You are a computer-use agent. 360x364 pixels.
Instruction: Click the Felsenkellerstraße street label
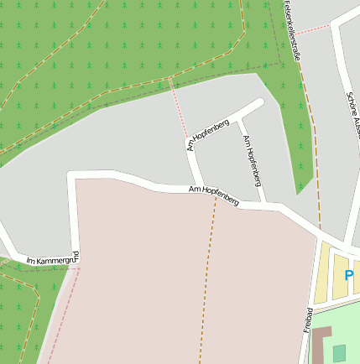291,29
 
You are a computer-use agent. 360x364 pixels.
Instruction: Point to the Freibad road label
307,320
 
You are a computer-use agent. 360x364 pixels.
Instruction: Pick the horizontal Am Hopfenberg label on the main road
214,196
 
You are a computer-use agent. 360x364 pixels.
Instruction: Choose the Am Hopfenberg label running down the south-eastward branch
252,159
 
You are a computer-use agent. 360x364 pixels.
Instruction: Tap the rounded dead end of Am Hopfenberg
259,103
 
